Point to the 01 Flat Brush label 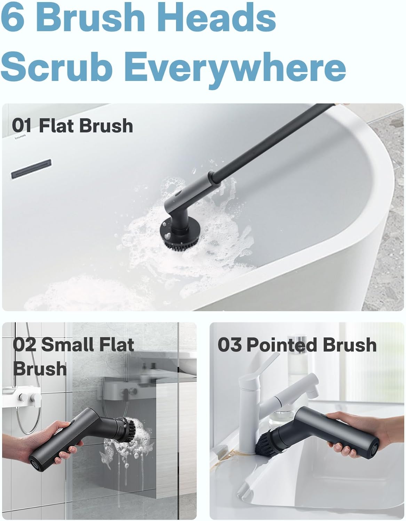(x=72, y=126)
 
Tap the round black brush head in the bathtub (x=176, y=236)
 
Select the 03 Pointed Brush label (x=297, y=345)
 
